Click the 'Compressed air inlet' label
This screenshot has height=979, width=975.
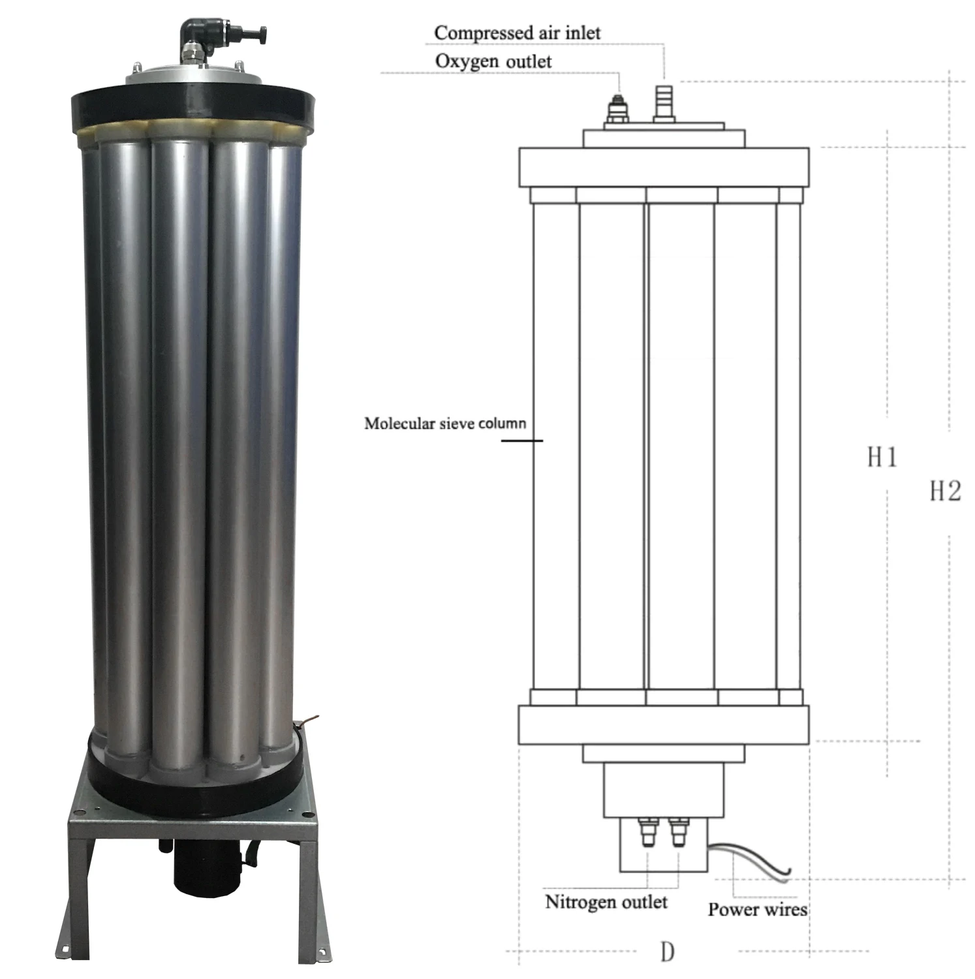[517, 33]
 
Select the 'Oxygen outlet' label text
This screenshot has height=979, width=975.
[493, 61]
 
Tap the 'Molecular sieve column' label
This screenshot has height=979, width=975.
[445, 424]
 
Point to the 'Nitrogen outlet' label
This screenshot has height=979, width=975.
[606, 902]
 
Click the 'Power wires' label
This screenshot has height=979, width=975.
[758, 909]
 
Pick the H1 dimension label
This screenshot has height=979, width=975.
[882, 457]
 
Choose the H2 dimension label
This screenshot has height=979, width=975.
[946, 491]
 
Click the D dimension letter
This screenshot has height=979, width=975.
[667, 952]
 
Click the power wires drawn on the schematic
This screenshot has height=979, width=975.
[751, 859]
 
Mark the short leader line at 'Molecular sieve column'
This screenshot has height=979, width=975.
[522, 441]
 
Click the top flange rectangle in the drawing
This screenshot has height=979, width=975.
[664, 168]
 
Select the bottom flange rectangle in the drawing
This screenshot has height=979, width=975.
[664, 724]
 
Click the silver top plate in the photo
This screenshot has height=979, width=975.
[193, 74]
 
